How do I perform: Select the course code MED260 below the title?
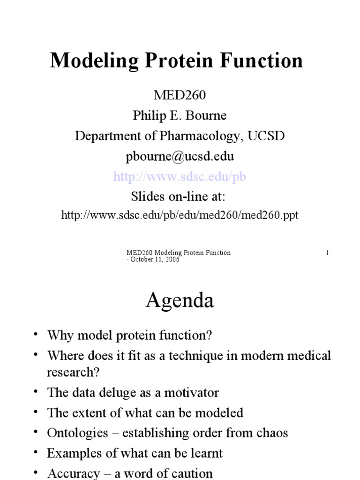(180, 96)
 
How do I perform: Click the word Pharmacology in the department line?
(196, 136)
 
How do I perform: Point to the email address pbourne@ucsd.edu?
(180, 156)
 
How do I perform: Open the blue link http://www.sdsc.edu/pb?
(180, 176)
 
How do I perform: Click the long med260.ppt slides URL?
(180, 215)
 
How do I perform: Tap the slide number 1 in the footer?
(327, 253)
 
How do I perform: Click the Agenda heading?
(180, 300)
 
